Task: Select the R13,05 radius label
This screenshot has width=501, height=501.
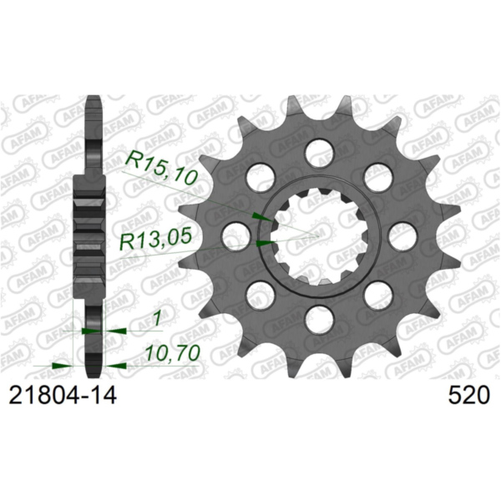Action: coord(158,240)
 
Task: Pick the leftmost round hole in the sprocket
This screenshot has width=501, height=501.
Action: coord(236,235)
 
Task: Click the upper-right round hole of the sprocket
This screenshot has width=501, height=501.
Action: coord(378,177)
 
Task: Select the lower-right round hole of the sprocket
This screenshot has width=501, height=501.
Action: coord(378,294)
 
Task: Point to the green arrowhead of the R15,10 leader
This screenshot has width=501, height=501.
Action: coord(261,217)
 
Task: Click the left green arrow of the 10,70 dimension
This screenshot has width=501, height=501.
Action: coord(59,365)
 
